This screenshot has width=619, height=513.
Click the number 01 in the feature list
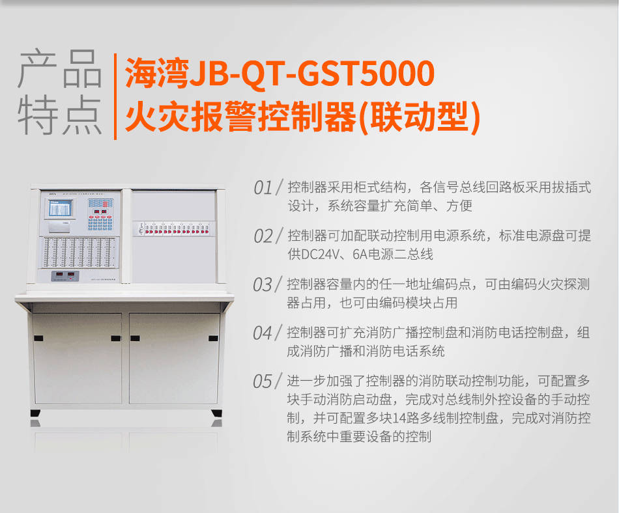(x=263, y=189)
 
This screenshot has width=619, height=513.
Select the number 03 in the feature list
(x=263, y=285)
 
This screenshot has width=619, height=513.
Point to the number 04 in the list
(x=263, y=333)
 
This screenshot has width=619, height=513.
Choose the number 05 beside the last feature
(x=263, y=381)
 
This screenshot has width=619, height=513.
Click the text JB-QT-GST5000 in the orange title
(x=311, y=74)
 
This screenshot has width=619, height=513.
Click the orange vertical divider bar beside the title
(x=115, y=96)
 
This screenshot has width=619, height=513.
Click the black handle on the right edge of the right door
(x=212, y=339)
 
